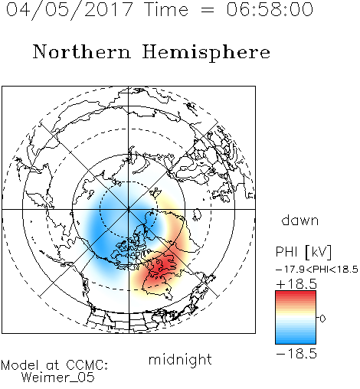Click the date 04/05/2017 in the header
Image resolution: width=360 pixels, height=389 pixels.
click(x=70, y=10)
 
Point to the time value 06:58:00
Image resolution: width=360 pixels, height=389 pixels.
click(x=270, y=9)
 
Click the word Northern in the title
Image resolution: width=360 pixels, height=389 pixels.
click(x=82, y=51)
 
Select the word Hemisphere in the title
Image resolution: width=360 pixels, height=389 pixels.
click(x=206, y=53)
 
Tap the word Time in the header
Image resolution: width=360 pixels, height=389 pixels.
click(x=166, y=9)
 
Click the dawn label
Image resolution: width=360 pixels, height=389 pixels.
click(x=300, y=220)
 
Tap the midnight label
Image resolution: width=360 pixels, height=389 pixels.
click(x=180, y=360)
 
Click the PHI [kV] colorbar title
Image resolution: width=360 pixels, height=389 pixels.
click(x=303, y=252)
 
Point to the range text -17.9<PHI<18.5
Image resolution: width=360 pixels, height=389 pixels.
click(x=317, y=270)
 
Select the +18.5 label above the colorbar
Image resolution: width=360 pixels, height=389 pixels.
click(x=296, y=284)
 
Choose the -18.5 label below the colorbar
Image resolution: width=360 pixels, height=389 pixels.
click(x=296, y=354)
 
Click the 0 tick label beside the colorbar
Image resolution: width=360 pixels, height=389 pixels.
click(x=322, y=319)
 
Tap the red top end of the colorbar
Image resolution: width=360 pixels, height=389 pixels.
click(x=296, y=293)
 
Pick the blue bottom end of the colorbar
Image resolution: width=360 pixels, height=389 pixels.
click(x=296, y=342)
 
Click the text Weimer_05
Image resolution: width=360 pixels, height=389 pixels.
click(x=58, y=378)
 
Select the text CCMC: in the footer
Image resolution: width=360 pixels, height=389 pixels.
click(x=87, y=365)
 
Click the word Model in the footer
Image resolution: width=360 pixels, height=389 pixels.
click(x=20, y=365)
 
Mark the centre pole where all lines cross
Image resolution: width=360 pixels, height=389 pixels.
click(x=129, y=209)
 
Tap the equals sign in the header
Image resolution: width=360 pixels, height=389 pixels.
click(x=208, y=10)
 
